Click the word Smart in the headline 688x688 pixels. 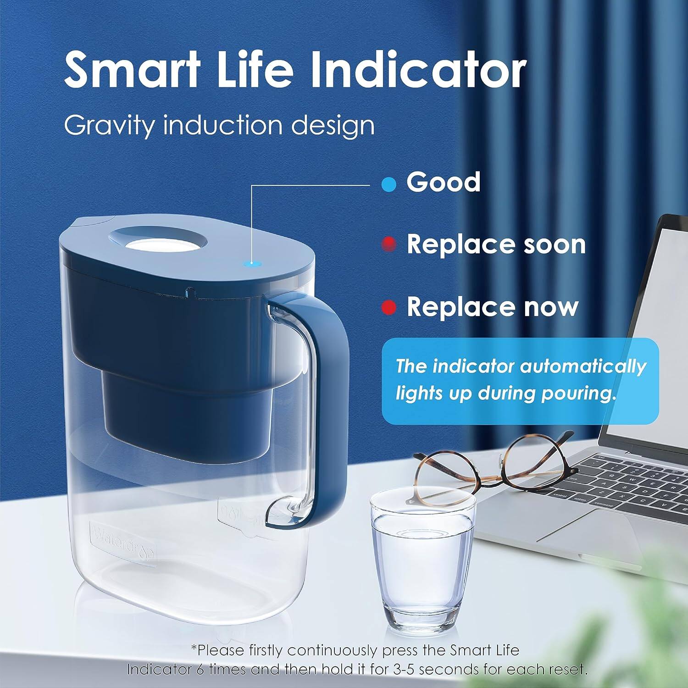point(132,70)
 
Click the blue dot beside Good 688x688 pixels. point(388,184)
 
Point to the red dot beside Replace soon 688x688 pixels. point(389,244)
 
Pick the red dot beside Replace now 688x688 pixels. point(389,307)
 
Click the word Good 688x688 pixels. point(443,183)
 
